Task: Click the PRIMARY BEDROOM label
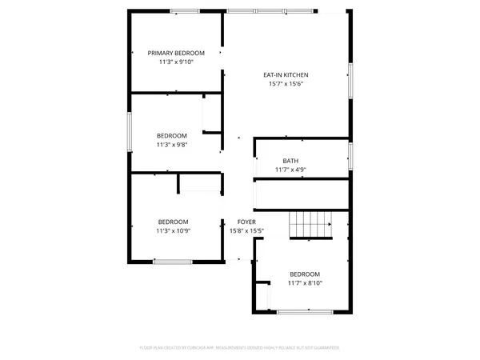click(176, 53)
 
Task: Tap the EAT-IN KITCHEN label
click(286, 75)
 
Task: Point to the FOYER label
click(246, 222)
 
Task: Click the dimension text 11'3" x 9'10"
click(176, 62)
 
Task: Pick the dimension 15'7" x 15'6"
click(286, 84)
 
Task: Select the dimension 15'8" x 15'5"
click(246, 230)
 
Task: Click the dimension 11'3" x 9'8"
click(171, 145)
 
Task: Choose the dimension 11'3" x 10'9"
click(173, 230)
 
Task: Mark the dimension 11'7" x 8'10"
click(305, 282)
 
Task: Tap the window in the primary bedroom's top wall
click(185, 10)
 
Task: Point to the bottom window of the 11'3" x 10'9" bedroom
click(173, 261)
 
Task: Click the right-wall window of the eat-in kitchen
click(350, 81)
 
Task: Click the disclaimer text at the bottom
click(240, 348)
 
